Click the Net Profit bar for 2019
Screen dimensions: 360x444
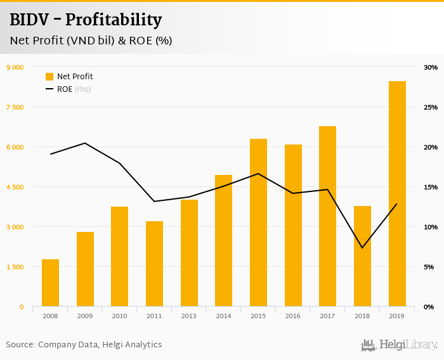(x=397, y=194)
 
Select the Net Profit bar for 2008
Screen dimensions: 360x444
(x=51, y=283)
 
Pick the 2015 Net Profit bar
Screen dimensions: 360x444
(x=258, y=222)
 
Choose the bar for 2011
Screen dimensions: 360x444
(x=154, y=264)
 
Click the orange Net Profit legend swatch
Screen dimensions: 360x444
(x=49, y=77)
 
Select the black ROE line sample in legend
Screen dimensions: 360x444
(x=49, y=89)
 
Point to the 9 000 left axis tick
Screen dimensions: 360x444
(x=15, y=67)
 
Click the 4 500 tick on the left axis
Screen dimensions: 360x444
(x=15, y=187)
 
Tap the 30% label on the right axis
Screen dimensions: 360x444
(x=431, y=67)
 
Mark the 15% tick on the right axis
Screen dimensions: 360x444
(x=431, y=187)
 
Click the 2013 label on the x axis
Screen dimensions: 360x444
(x=189, y=316)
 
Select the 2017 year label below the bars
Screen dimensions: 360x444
(x=327, y=316)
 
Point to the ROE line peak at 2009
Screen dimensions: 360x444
(x=85, y=143)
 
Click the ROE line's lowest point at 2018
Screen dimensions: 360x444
(x=362, y=248)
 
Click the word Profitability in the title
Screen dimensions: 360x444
(x=114, y=20)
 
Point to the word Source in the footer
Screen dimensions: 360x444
(x=20, y=345)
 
